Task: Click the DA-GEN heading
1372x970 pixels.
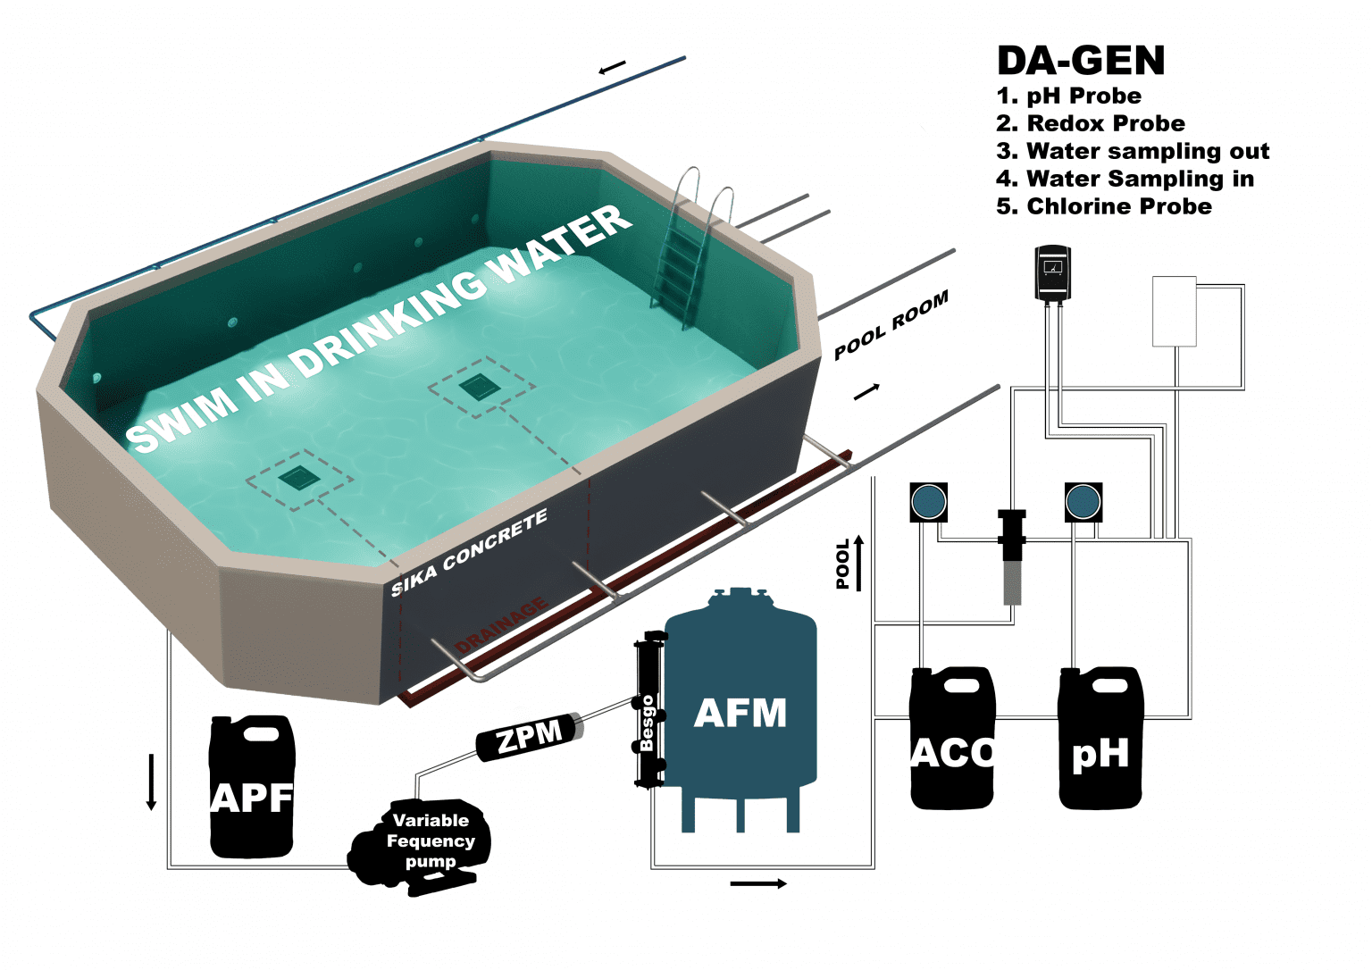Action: (1081, 61)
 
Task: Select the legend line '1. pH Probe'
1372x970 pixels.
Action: (1068, 96)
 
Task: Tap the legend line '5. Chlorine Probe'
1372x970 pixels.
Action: (1104, 206)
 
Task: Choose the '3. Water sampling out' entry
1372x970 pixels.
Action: (1133, 151)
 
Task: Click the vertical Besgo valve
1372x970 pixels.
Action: (648, 710)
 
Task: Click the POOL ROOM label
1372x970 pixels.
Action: (891, 325)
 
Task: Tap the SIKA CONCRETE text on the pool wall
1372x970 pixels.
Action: (469, 554)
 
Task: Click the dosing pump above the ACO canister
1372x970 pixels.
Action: (928, 502)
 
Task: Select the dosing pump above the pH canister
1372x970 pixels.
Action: (1083, 502)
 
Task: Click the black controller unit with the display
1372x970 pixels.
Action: (1052, 272)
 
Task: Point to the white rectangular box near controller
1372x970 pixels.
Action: (1174, 311)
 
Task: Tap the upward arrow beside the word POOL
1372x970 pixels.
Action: (859, 563)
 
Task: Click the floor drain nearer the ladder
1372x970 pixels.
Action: (479, 388)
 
